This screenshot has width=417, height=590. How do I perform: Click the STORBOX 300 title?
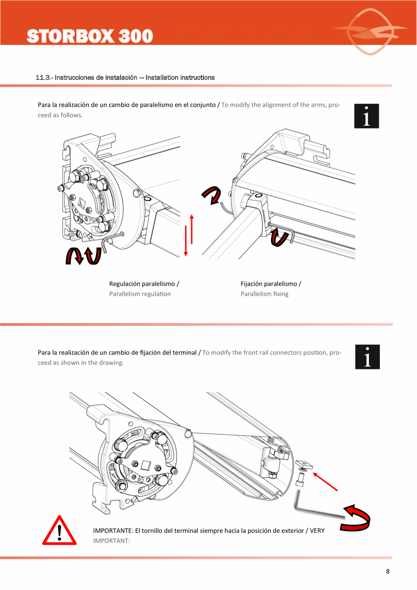pos(90,36)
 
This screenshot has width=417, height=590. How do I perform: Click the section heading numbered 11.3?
pos(125,78)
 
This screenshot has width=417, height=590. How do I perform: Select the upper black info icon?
pos(366,116)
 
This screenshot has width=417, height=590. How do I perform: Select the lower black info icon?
pos(367,357)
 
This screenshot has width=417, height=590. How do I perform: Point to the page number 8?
pos(388,571)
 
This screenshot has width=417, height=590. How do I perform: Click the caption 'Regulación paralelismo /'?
pos(144,284)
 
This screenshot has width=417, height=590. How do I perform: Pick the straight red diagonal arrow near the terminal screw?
pos(325,482)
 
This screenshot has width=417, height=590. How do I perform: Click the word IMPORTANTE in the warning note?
pos(113,530)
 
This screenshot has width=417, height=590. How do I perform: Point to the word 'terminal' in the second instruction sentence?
pos(184,352)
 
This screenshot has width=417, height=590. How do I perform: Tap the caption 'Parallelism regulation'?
pos(140,294)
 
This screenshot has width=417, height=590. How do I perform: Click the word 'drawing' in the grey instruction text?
pos(111,363)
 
